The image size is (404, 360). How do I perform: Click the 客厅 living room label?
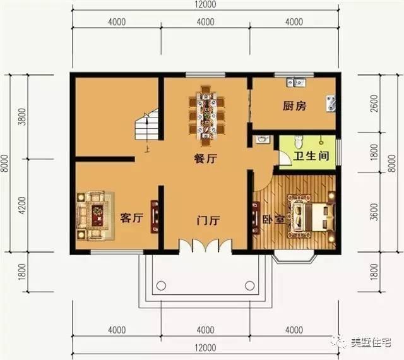(132, 218)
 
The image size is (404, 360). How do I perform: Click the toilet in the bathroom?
(300, 140)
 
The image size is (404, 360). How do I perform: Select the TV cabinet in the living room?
(154, 217)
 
